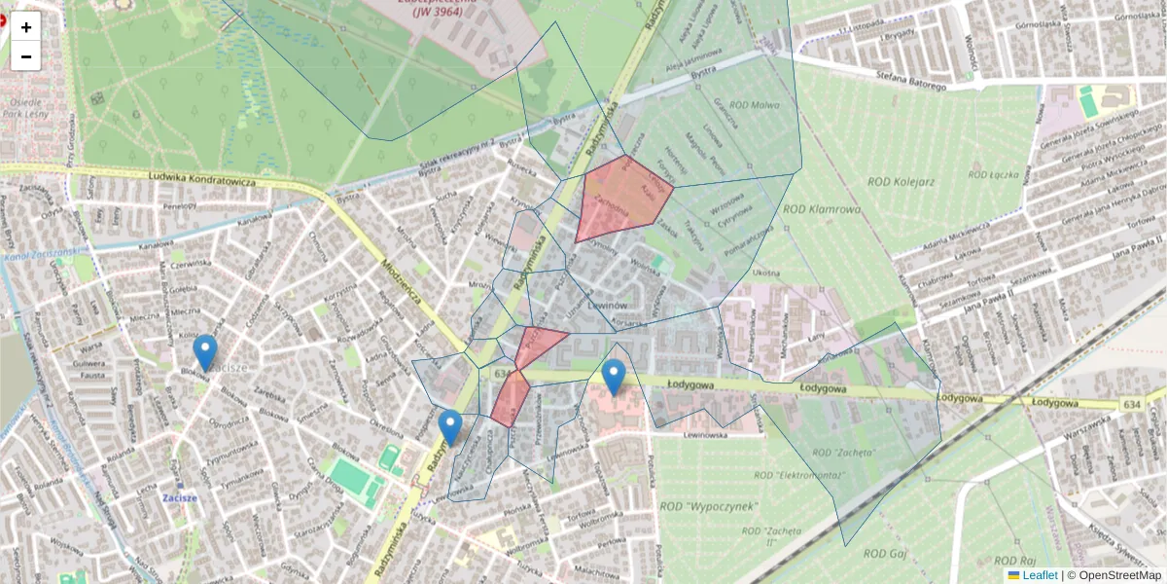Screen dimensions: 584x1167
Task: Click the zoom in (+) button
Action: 26,27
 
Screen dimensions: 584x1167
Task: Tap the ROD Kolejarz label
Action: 901,181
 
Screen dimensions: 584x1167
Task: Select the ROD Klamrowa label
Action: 822,208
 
